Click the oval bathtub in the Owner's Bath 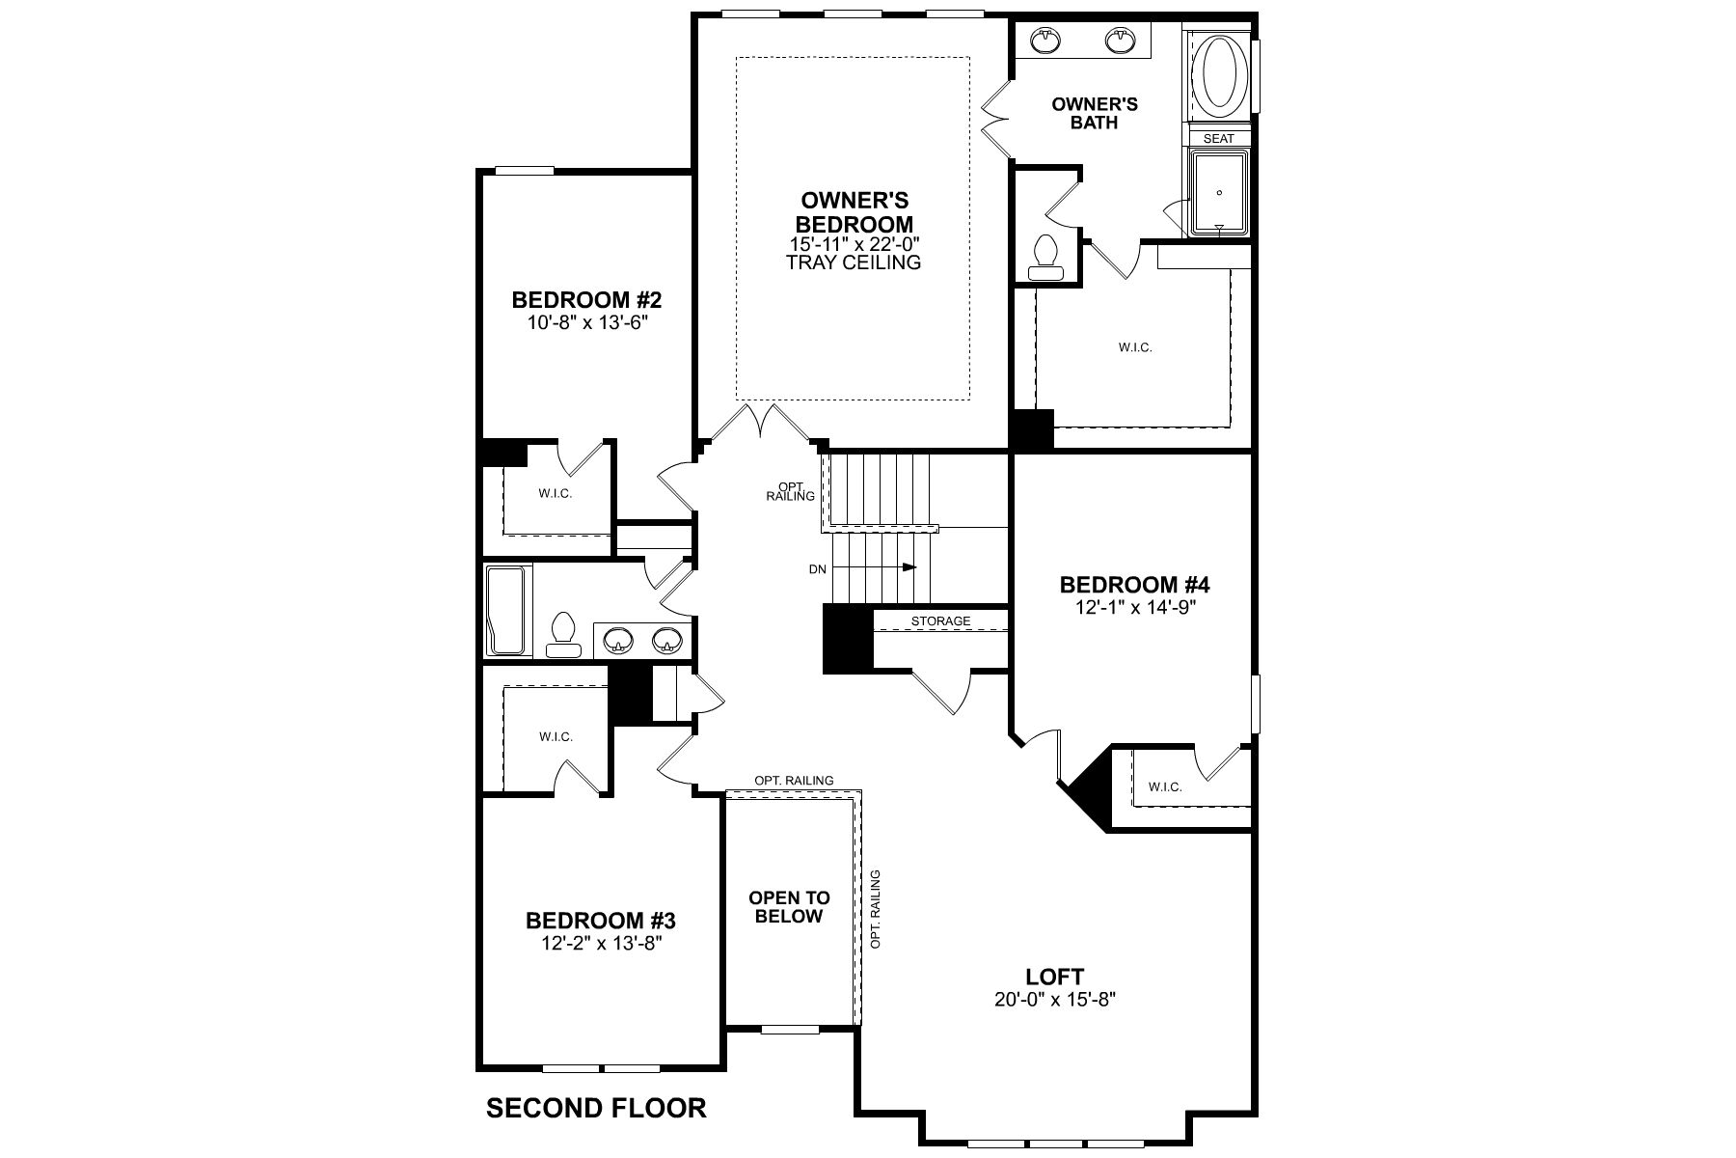[1220, 74]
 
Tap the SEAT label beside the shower [1218, 138]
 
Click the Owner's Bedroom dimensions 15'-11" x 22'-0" [854, 244]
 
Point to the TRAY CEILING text [854, 262]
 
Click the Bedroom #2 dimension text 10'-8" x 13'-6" [586, 322]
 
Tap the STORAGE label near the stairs [941, 621]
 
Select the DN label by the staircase [818, 569]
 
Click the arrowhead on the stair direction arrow [909, 567]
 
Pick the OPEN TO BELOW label [789, 907]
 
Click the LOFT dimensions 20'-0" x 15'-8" [1055, 1001]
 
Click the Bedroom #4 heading [1134, 585]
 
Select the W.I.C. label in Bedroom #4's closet [1165, 787]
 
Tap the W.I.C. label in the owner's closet [1135, 347]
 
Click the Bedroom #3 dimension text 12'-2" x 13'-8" [602, 943]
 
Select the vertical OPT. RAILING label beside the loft [876, 909]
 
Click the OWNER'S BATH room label [1095, 113]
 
